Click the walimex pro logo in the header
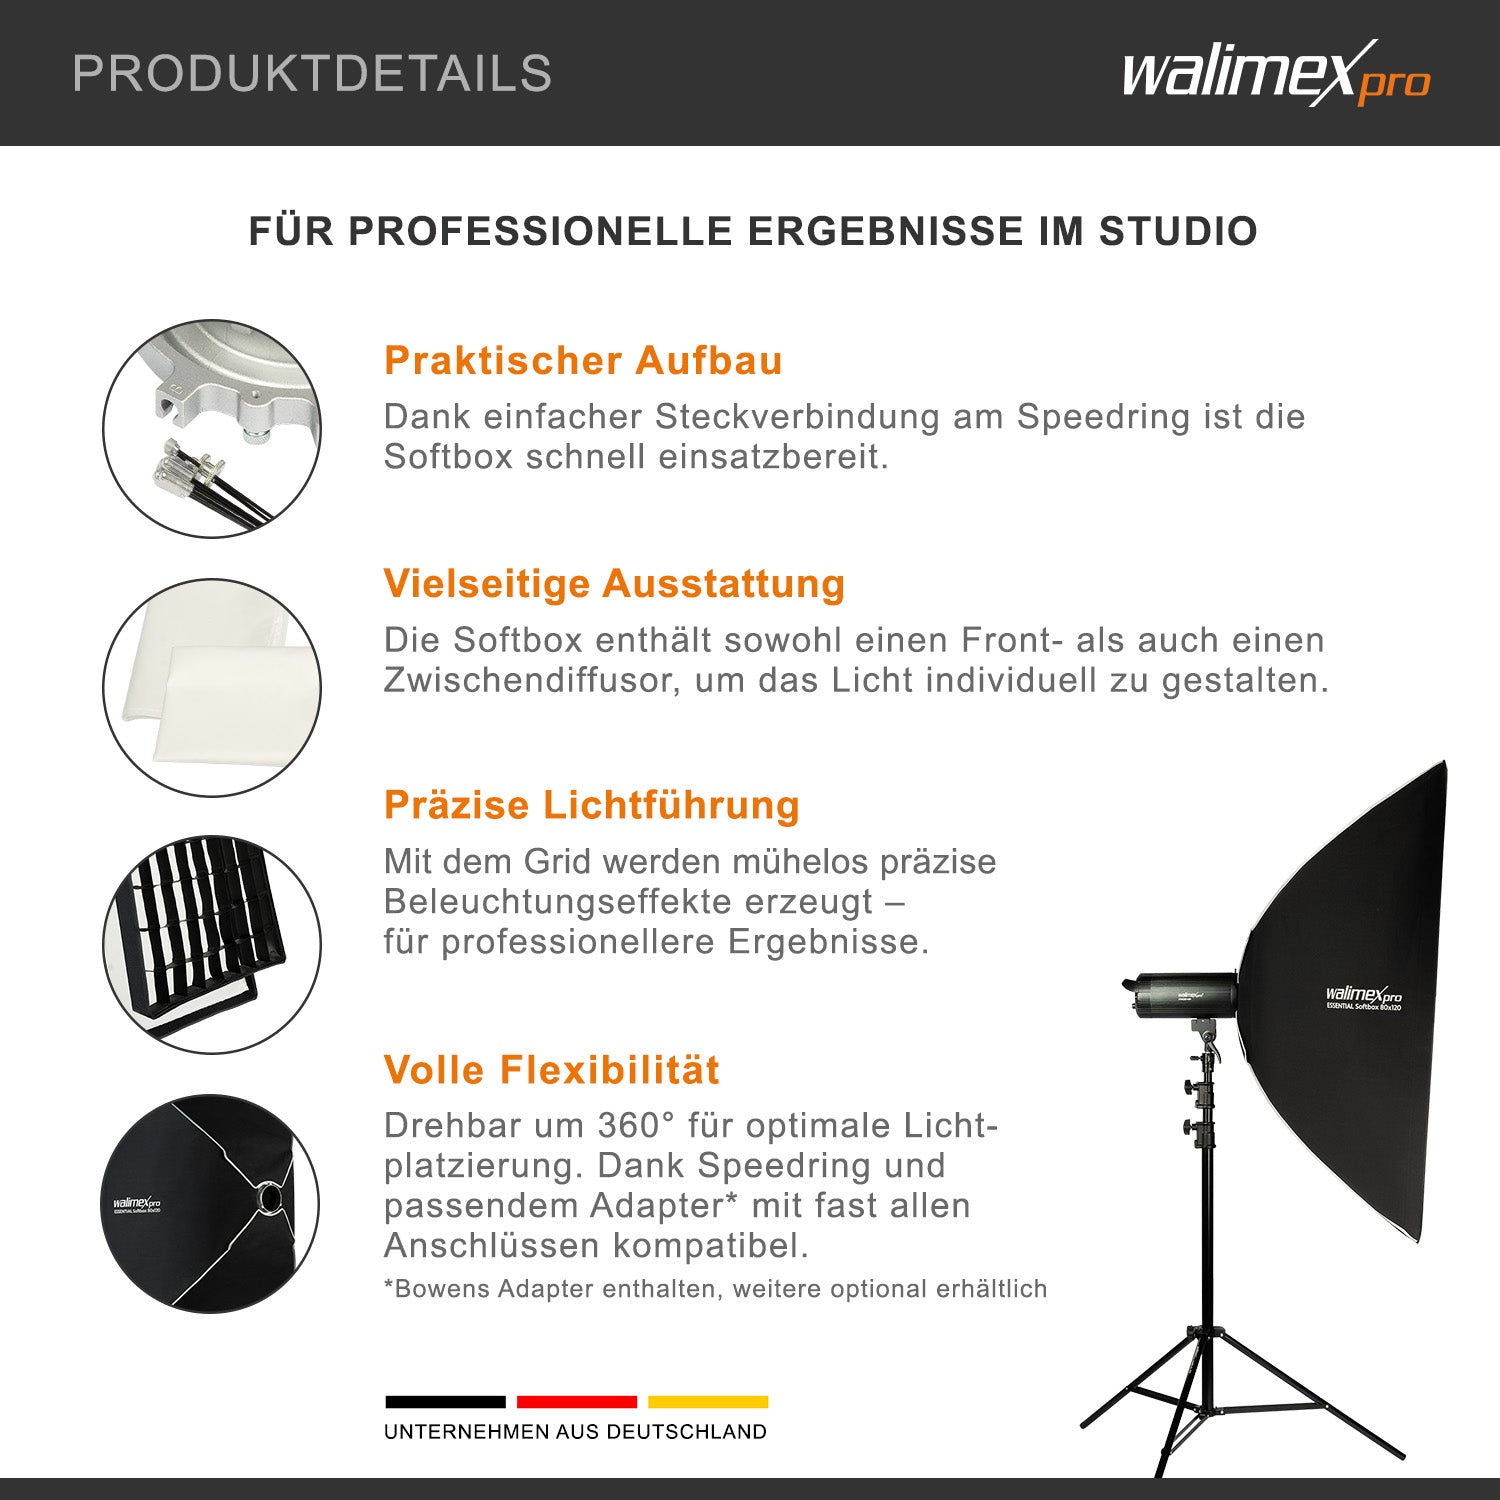click(1275, 73)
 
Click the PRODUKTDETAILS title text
click(312, 74)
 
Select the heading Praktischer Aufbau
click(583, 361)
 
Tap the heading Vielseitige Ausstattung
click(614, 584)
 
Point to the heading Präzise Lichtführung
click(591, 806)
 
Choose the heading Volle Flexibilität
click(551, 1070)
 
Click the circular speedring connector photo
click(212, 429)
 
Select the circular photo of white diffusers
click(212, 688)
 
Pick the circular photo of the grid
click(212, 945)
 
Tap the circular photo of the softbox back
click(212, 1203)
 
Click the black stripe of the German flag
click(445, 1402)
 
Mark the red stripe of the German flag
click(577, 1402)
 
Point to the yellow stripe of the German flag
click(708, 1402)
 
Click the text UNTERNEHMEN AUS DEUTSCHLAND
click(575, 1432)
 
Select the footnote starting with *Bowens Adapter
click(715, 1289)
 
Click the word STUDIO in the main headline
click(1178, 231)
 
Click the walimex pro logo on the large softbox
click(1363, 996)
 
